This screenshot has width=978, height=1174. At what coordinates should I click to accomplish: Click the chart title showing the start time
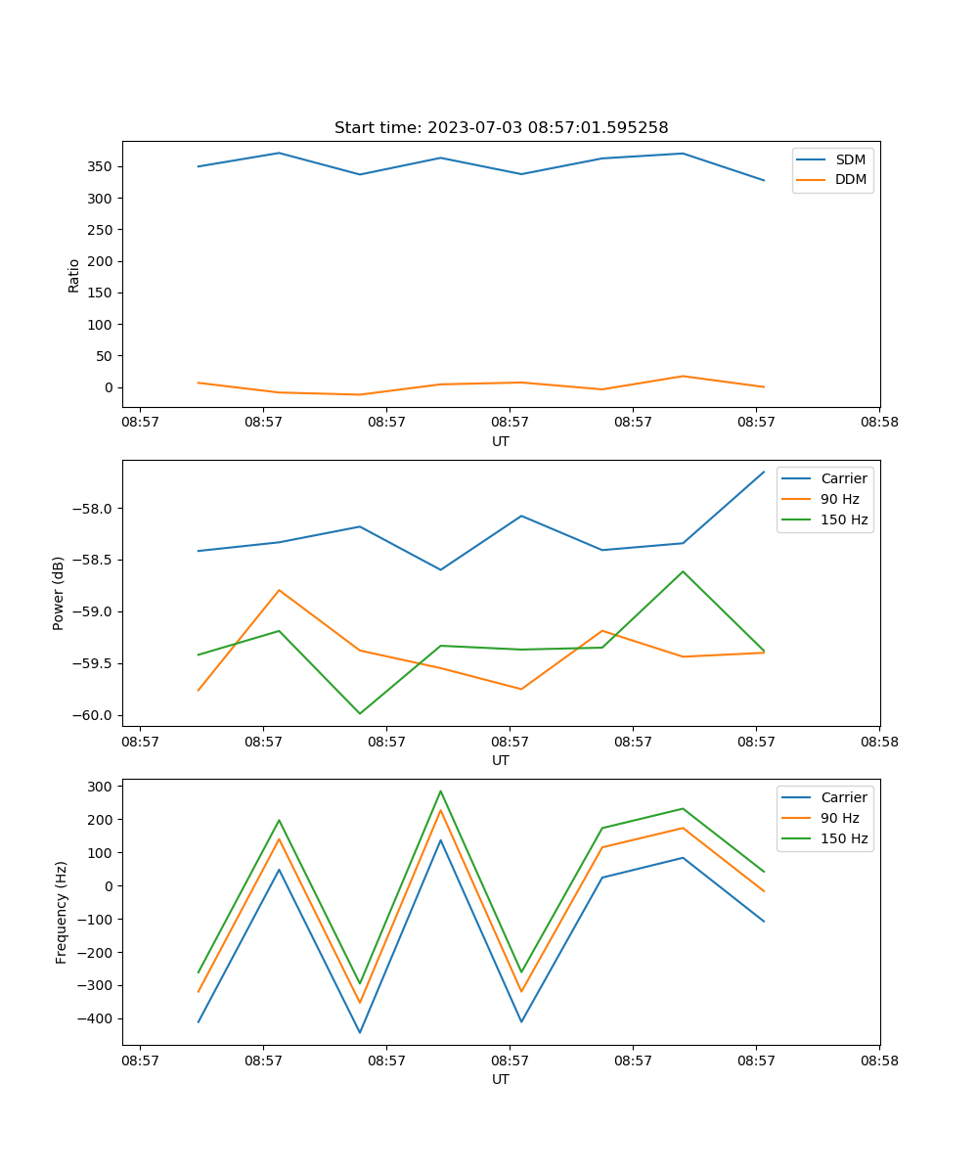(501, 128)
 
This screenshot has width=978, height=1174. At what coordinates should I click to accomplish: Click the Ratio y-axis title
(74, 275)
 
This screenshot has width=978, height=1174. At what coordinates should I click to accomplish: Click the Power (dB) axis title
(59, 593)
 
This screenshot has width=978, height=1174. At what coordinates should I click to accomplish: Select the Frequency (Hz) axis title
(62, 912)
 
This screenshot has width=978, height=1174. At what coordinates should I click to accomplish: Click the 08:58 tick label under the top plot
(879, 423)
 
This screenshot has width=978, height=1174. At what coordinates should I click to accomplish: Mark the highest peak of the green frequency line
(440, 790)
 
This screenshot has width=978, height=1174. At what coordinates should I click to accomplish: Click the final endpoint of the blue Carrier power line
(764, 472)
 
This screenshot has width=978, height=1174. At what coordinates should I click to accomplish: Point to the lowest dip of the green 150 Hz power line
(360, 713)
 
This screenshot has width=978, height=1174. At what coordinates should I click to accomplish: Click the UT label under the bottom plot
(501, 1079)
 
